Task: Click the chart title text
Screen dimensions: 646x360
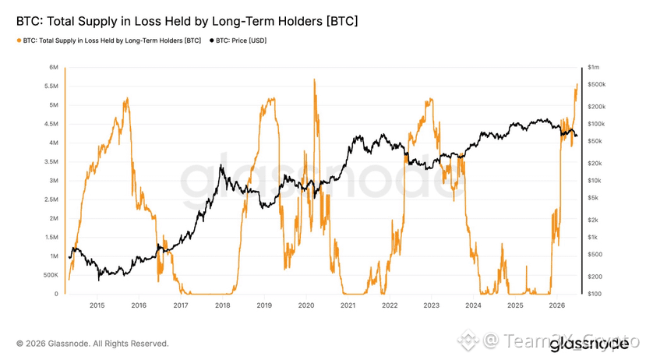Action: point(187,21)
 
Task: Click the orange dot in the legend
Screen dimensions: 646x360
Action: point(19,41)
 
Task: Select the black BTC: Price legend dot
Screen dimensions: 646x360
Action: point(212,41)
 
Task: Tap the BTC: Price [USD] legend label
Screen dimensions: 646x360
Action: point(241,41)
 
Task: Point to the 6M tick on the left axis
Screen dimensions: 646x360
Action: point(54,67)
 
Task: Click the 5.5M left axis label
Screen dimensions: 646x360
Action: point(51,86)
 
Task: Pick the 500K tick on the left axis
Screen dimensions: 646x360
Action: point(51,275)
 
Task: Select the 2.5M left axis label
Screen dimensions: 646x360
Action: point(51,199)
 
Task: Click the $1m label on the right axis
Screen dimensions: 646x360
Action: point(594,67)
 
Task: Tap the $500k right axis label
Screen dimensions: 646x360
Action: point(597,84)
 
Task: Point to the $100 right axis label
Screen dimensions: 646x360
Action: point(595,294)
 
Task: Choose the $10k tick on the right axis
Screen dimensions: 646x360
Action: point(595,181)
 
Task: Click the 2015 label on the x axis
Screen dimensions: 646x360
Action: point(97,305)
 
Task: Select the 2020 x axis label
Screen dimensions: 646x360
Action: point(306,305)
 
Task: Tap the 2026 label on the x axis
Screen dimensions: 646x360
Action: point(557,305)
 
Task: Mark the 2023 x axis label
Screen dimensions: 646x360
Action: point(432,305)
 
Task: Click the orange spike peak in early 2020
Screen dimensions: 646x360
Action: point(314,79)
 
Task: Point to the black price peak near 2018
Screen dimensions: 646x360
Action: point(221,165)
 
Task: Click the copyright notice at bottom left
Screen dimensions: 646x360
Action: point(93,344)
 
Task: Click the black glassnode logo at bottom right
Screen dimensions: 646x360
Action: point(589,344)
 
